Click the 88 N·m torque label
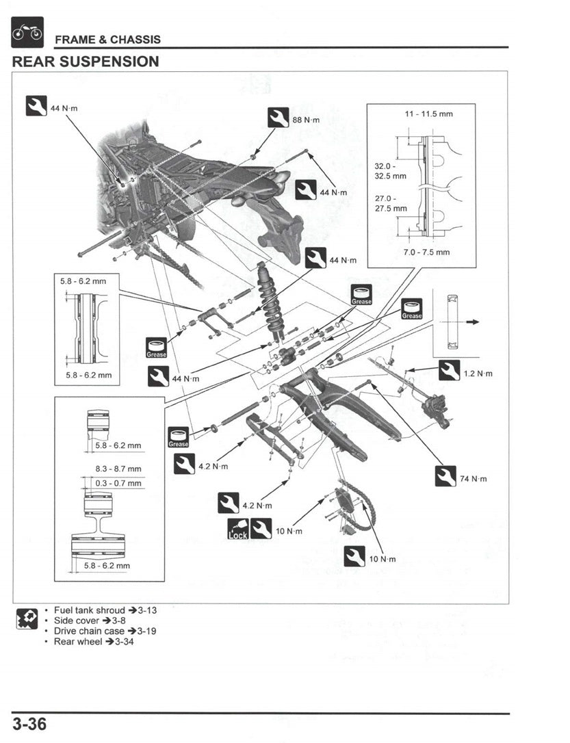pos(306,120)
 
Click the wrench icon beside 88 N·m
pos(278,118)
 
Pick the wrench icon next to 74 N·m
pos(445,476)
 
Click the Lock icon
pos(237,528)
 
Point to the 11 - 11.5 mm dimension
pos(429,114)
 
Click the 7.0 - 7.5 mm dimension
pos(427,252)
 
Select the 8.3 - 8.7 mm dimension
pos(118,469)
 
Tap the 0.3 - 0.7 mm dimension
pos(118,483)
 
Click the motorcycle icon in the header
pos(27,32)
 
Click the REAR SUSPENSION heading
pos(86,62)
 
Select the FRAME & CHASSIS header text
pos(107,39)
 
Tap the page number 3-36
pos(29,724)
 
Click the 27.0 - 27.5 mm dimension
pos(390,203)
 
